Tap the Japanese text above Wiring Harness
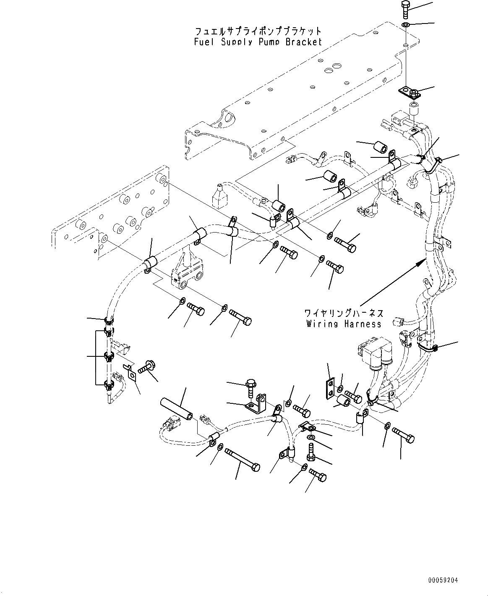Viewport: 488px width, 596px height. click(x=344, y=313)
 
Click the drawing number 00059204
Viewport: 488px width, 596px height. click(x=443, y=580)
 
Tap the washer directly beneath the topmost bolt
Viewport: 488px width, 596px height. click(x=406, y=26)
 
